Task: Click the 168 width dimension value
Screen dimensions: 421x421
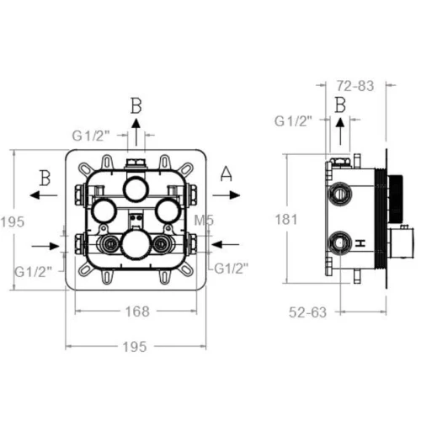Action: [x=137, y=312]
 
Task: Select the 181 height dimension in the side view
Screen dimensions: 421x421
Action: [x=286, y=219]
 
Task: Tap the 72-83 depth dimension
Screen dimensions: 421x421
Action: [x=355, y=86]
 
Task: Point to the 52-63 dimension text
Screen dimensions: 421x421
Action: [x=308, y=312]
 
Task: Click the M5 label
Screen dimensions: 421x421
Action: [x=204, y=221]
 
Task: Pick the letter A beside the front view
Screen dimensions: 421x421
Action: [x=226, y=173]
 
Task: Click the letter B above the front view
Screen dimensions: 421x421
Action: [x=136, y=106]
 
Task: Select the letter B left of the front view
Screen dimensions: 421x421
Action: [x=45, y=178]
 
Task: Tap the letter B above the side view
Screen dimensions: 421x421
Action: [x=340, y=105]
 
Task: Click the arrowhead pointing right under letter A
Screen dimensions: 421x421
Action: [x=235, y=195]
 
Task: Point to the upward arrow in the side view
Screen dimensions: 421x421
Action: [x=340, y=131]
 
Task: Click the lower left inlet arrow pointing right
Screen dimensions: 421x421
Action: [x=45, y=247]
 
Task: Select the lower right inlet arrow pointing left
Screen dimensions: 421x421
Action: [x=225, y=244]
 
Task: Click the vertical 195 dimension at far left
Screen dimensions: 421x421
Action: [x=13, y=222]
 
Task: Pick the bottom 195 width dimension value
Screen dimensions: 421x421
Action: [x=135, y=347]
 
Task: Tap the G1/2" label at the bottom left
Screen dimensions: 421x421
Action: [x=34, y=272]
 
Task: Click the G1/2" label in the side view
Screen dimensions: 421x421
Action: [x=293, y=121]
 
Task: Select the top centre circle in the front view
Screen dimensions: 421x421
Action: [x=136, y=189]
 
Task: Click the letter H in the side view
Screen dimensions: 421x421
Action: [x=360, y=243]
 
